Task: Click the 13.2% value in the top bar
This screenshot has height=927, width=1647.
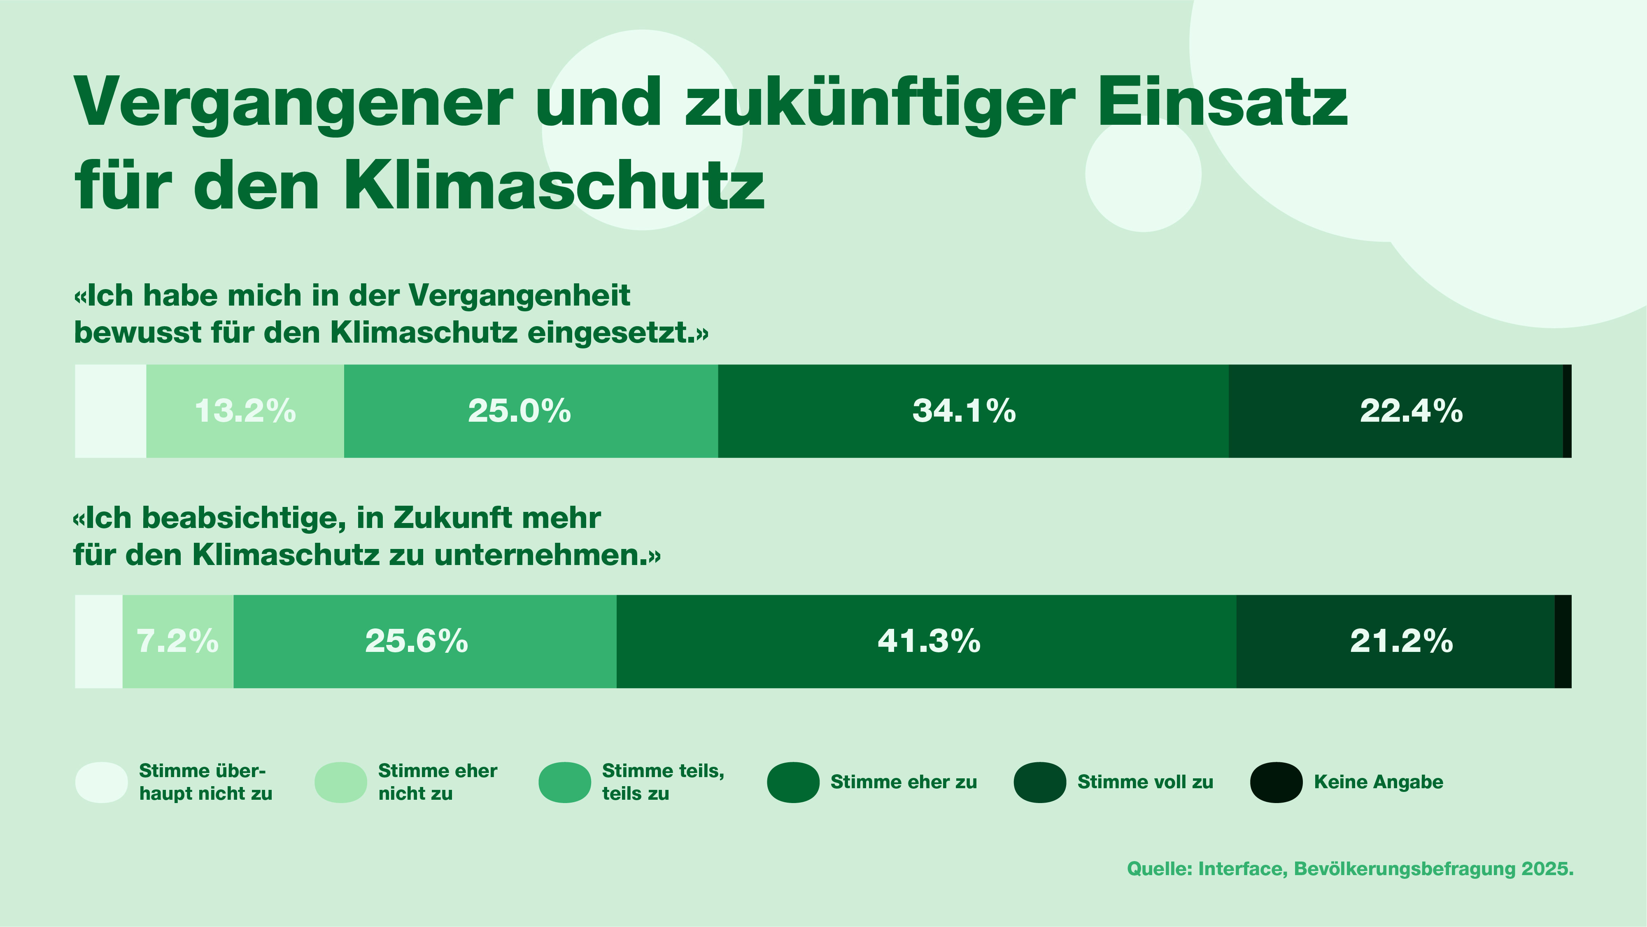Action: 245,411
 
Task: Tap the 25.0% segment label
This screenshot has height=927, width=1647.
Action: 519,411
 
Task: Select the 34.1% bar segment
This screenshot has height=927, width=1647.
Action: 973,411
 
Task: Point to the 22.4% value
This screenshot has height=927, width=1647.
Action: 1411,411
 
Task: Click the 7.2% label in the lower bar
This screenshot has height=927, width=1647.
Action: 178,641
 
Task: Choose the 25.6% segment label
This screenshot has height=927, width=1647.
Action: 416,641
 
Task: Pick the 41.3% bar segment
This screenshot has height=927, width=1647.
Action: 927,641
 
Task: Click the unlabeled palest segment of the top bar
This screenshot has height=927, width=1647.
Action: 111,411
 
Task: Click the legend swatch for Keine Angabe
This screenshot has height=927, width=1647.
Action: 1276,782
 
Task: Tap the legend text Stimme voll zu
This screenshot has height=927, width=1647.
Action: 1145,782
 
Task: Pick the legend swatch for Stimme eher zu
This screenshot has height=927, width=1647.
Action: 793,782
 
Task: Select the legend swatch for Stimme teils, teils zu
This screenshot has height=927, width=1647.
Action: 564,782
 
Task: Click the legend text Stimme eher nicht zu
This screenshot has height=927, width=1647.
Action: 437,782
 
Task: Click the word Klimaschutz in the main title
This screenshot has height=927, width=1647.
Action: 554,186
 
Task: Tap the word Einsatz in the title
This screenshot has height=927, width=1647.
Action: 1223,103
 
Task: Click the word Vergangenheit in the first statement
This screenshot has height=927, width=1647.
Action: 519,296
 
